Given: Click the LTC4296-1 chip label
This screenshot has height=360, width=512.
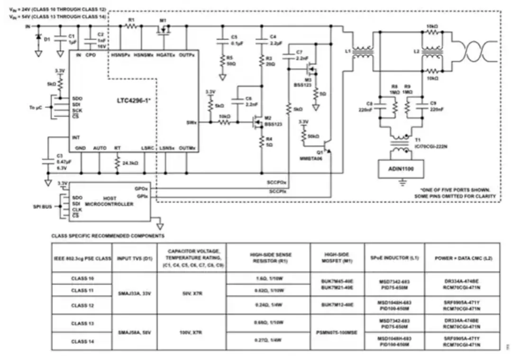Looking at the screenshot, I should click(134, 101).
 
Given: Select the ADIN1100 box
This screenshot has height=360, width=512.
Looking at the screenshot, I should click(400, 167).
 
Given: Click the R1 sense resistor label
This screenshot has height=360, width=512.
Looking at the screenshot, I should click(131, 20).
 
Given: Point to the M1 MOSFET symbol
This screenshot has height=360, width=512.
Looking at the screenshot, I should click(164, 30).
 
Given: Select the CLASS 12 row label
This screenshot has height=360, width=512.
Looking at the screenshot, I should click(82, 305).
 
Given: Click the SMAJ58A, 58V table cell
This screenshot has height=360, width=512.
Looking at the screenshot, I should click(134, 332).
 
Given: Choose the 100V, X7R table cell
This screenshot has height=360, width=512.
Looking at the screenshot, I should click(191, 332).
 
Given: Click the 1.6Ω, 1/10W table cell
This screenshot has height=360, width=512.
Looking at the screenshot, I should click(268, 279).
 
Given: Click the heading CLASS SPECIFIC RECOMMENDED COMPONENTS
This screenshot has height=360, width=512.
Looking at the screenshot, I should click(108, 235).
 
